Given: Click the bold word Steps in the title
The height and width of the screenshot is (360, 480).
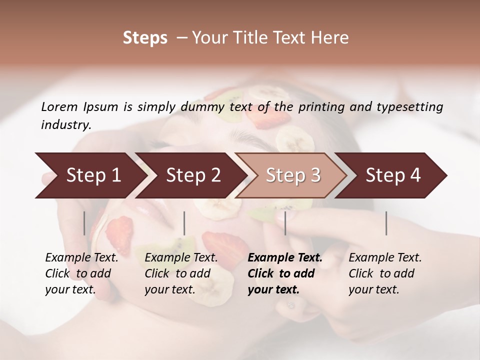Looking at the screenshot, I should [x=145, y=38].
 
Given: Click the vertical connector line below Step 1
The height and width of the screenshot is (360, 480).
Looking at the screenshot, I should [x=84, y=223].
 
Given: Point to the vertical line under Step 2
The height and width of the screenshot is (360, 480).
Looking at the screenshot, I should [x=184, y=223].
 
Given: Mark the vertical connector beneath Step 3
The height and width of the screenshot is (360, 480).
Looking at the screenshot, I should [x=285, y=223].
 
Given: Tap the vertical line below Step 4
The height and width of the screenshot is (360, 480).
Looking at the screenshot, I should [x=386, y=223].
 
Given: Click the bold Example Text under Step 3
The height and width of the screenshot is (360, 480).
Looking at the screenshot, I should [x=285, y=258].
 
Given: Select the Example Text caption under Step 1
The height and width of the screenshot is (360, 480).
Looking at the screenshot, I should [x=81, y=258].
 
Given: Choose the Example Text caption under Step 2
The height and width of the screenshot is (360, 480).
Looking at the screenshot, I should [x=181, y=258].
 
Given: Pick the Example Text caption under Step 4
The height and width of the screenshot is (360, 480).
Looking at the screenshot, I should [x=385, y=258].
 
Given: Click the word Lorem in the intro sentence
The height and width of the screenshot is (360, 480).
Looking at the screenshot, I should [x=59, y=106].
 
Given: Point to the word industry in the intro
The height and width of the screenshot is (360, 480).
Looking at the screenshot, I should [x=65, y=124].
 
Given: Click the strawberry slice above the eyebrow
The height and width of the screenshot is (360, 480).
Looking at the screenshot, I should [x=272, y=119].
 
